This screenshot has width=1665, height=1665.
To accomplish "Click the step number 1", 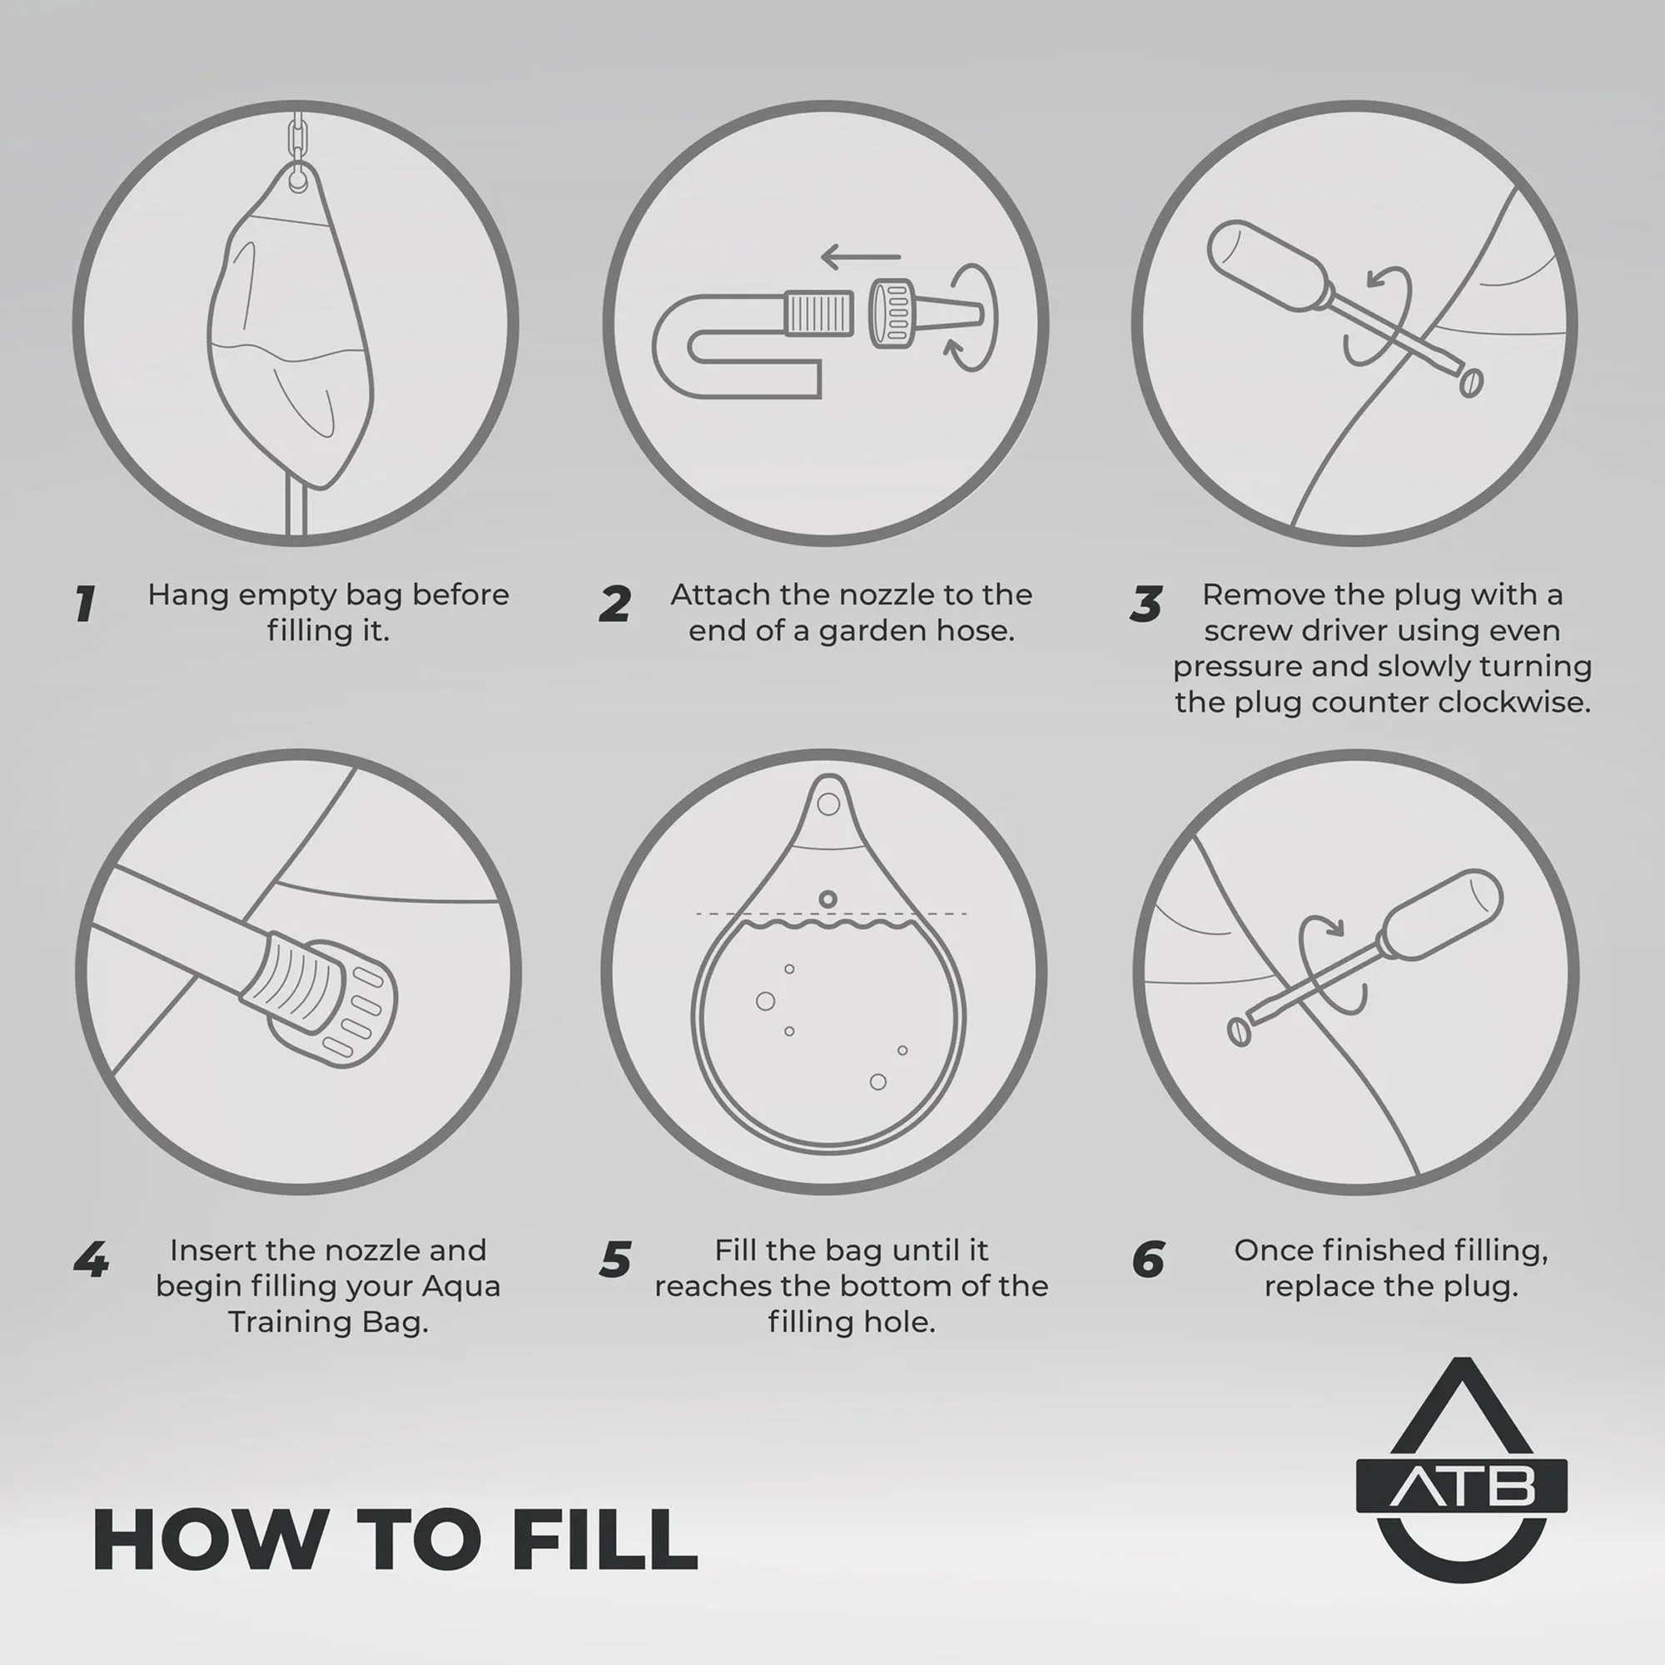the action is coord(84,604).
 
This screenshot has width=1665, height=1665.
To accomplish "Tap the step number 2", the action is coord(614,604).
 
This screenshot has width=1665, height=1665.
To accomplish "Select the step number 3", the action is coord(1146,604).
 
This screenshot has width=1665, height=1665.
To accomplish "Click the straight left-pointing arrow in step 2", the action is coord(861,256).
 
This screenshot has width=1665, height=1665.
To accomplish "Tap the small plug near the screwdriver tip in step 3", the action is coord(1471,383).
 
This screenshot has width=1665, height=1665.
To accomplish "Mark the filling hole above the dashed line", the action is coord(828,899).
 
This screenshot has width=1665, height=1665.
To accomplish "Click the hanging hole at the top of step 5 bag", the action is coord(828,804).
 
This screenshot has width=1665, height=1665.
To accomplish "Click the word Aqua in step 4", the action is coord(460,1287).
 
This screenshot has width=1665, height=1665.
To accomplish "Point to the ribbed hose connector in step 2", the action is coord(818,313).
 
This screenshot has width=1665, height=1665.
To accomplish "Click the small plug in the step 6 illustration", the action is coord(1239,1031).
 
